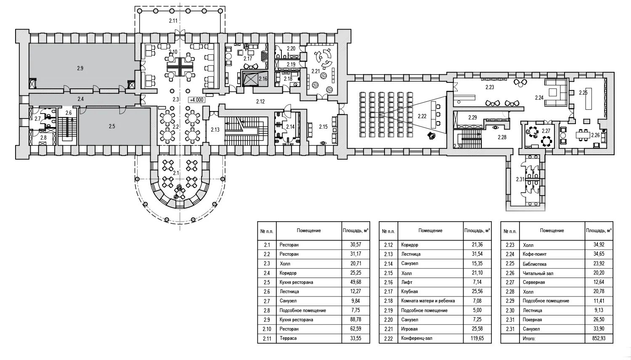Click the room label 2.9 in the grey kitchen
click(x=80, y=68)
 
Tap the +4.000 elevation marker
click(x=196, y=100)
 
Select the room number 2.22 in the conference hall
click(x=422, y=116)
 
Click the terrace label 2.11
click(x=173, y=21)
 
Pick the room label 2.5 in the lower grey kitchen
click(x=111, y=126)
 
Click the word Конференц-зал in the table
click(x=416, y=338)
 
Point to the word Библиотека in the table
click(x=534, y=264)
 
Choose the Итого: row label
click(x=529, y=338)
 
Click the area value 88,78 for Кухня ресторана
click(x=355, y=320)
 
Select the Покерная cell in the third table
click(x=532, y=320)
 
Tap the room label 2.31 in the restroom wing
click(x=520, y=180)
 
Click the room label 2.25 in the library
click(x=583, y=93)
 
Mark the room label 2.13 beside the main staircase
click(x=215, y=130)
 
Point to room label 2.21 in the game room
click(x=315, y=71)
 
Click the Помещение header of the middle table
click(x=430, y=230)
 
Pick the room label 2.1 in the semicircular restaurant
click(x=176, y=173)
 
